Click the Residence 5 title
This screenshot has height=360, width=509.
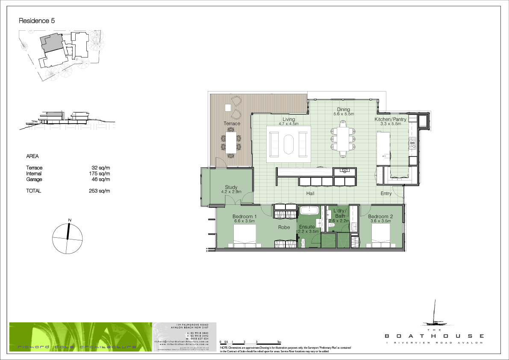coord(37,21)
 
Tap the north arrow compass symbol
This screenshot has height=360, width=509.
coord(67,239)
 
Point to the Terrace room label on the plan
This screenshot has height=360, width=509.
coord(232,124)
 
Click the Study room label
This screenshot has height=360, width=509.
coord(231,187)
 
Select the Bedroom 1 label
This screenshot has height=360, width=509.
coord(244,216)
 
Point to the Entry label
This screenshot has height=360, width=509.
coord(386,194)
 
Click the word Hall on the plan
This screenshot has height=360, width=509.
coord(310,194)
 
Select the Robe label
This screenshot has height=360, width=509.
coord(285,227)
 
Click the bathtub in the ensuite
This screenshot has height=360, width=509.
coord(308,211)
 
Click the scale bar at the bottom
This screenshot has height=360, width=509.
coord(250,343)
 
